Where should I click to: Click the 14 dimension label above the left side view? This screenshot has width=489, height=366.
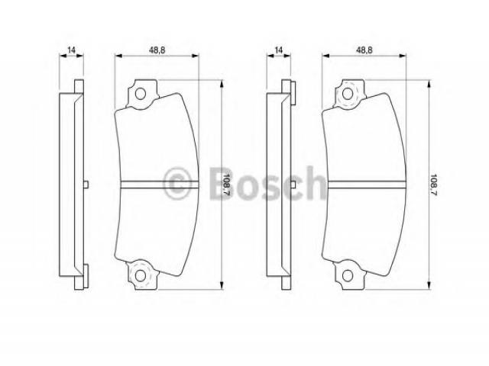(71, 50)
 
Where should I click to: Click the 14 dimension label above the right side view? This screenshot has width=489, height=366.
(279, 50)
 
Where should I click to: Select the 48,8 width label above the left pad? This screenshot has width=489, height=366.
(157, 50)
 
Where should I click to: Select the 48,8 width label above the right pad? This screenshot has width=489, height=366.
(364, 50)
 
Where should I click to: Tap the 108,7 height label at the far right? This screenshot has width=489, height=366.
(434, 185)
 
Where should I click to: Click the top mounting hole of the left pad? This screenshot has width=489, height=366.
(141, 94)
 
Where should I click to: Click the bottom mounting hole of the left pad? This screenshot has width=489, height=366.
(141, 276)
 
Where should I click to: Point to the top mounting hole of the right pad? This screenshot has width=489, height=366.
(348, 94)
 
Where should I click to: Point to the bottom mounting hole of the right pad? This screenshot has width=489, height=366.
(348, 276)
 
